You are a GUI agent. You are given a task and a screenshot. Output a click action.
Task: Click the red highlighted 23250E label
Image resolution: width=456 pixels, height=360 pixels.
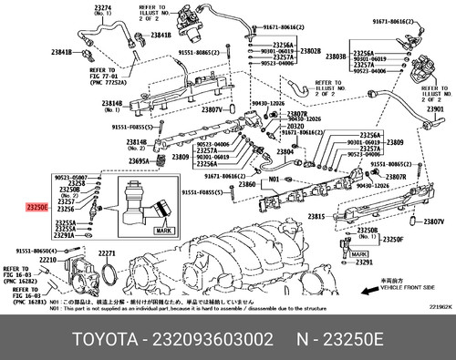coord(37,208)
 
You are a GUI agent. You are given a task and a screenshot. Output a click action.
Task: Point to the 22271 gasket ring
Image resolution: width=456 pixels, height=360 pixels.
coord(108,252)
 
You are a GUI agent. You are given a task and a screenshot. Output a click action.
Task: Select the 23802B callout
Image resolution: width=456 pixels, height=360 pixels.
coord(311,51)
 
